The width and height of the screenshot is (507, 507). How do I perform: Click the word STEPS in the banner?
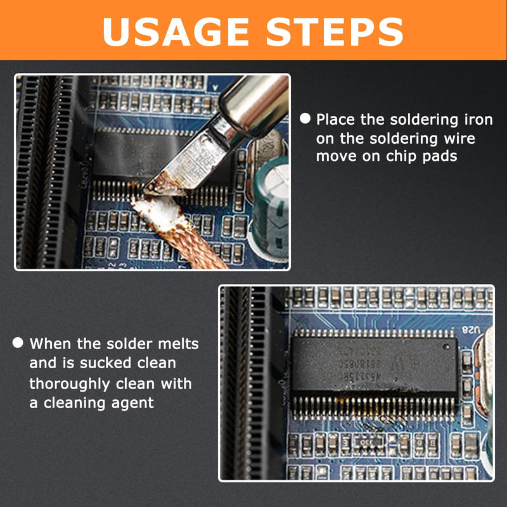pos(335,32)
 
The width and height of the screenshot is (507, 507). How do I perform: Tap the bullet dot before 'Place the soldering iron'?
pos(305,119)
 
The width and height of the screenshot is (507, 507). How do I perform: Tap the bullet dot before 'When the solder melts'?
pos(18,343)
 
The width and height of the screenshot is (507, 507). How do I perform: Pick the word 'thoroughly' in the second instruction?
pos(70,384)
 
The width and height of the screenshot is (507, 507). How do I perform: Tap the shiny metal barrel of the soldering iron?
pos(254,103)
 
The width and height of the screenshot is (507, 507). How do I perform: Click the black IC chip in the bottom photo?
pos(375,364)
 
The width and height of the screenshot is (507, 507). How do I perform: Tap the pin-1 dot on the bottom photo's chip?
pos(446,347)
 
